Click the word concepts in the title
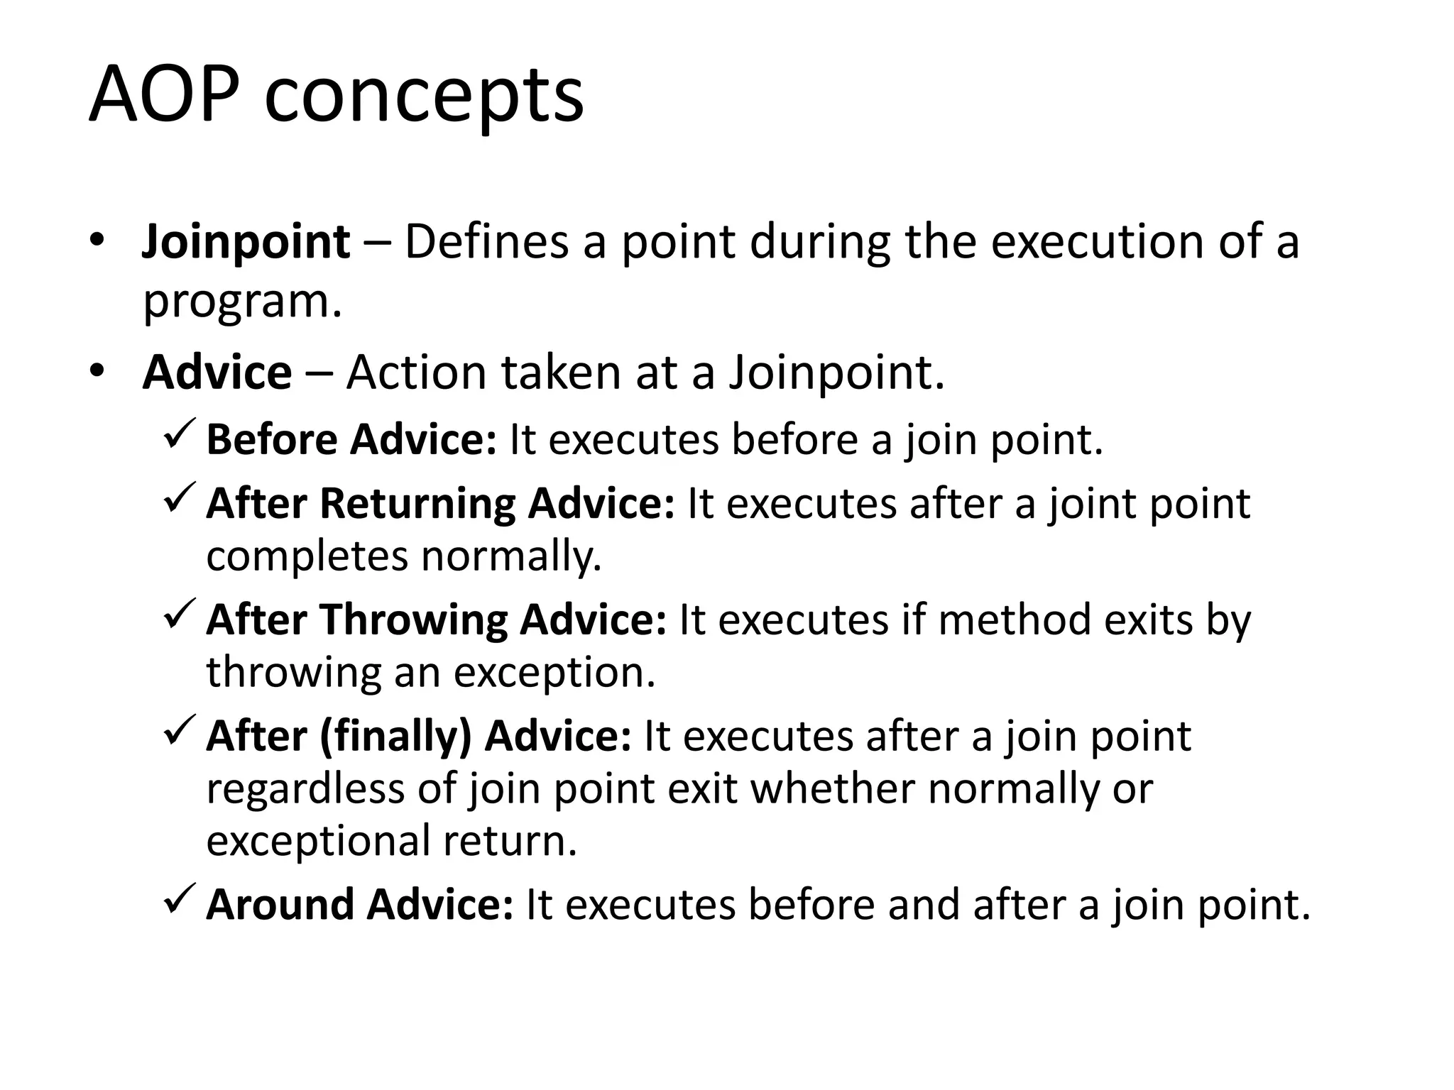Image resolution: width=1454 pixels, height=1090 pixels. click(424, 97)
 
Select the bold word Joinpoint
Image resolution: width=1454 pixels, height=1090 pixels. click(246, 242)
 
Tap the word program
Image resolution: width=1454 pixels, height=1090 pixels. click(242, 302)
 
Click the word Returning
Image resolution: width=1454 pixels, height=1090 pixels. click(417, 505)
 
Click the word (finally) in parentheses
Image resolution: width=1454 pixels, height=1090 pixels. click(395, 737)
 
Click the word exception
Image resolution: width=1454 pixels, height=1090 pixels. click(554, 672)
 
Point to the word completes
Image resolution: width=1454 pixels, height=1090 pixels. click(307, 556)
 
